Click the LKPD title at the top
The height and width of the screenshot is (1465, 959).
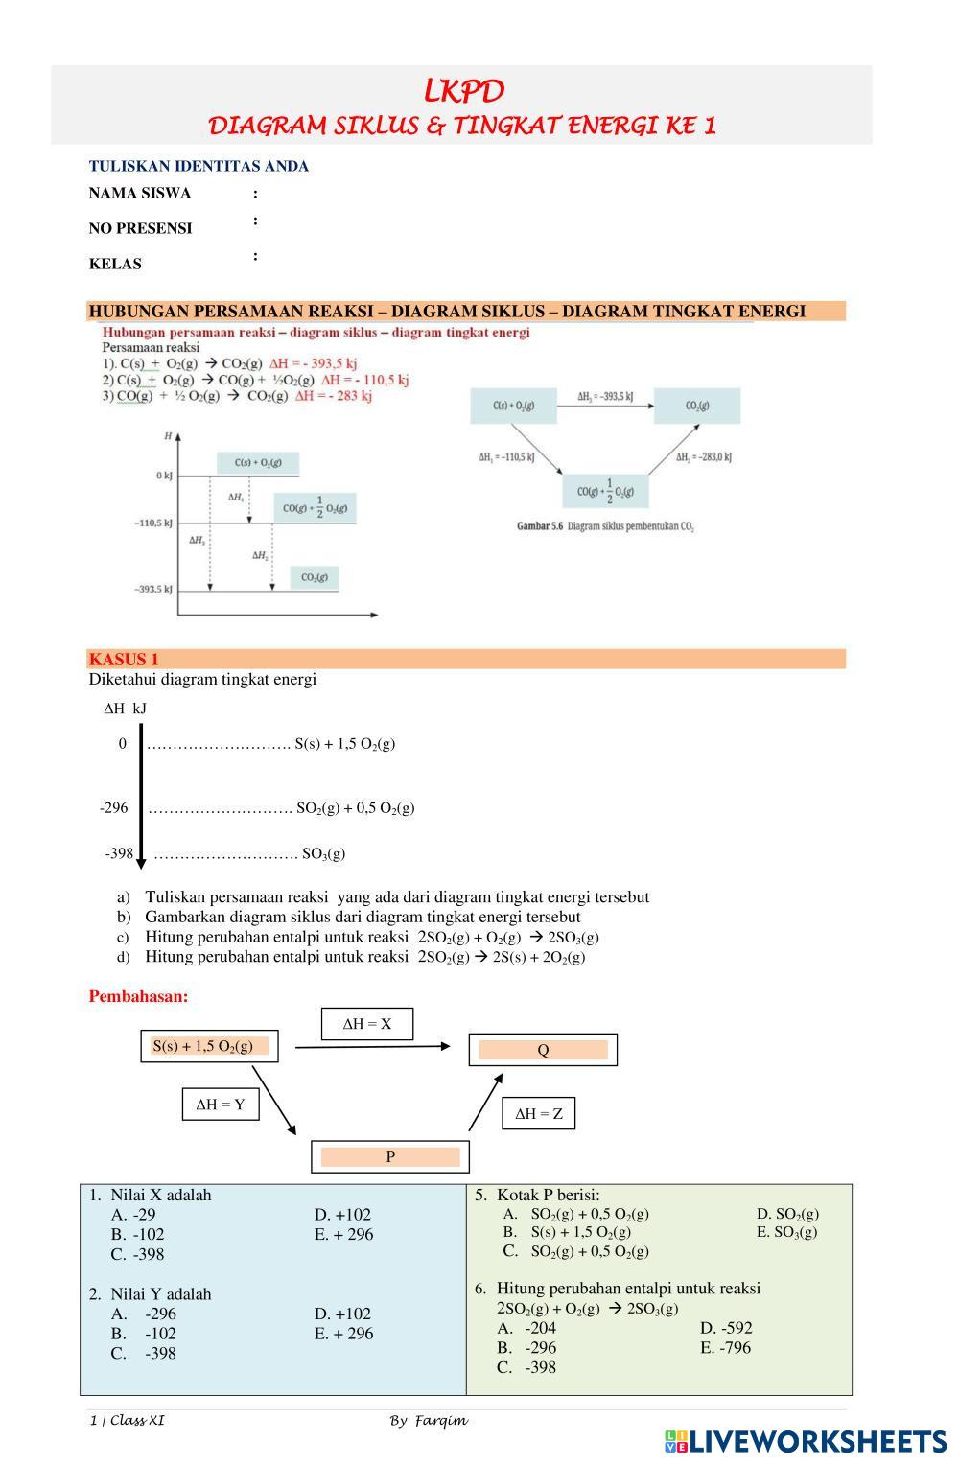point(463,91)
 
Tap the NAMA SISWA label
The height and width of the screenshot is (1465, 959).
point(140,193)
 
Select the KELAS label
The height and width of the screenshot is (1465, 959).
point(115,264)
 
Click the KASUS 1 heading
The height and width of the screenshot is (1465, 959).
point(124,659)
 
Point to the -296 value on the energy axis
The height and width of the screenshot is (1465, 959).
point(114,807)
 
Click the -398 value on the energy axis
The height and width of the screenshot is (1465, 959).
point(119,852)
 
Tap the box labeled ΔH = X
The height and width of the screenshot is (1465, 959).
point(367,1024)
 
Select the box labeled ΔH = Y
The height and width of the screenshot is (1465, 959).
point(221,1105)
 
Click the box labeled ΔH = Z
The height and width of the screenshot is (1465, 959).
point(539,1113)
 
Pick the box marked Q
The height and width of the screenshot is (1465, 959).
point(543,1050)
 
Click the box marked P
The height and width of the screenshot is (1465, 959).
point(390,1157)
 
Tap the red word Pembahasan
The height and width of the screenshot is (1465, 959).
point(138,996)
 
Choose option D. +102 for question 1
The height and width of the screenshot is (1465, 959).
point(342,1215)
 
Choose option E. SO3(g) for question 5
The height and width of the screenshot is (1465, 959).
point(786,1232)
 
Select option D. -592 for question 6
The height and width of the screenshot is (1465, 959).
point(726,1328)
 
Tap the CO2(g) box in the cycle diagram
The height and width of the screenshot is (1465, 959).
point(697,406)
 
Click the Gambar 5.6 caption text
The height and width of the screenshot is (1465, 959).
point(605,526)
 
